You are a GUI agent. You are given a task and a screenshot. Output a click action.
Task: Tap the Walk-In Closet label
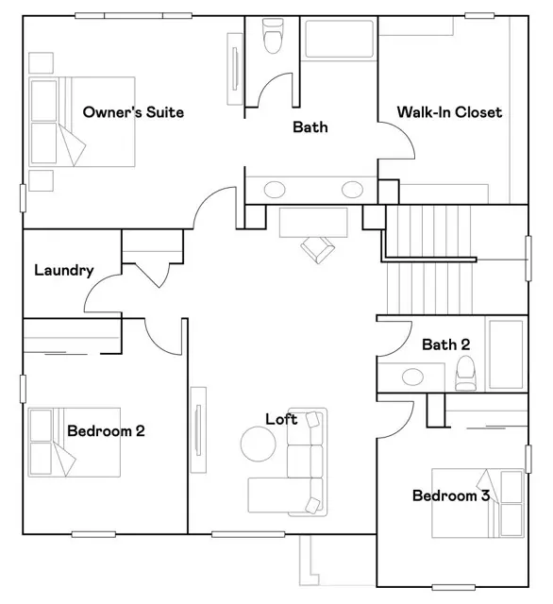(x=448, y=112)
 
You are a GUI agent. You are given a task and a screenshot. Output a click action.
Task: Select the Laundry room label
(x=63, y=271)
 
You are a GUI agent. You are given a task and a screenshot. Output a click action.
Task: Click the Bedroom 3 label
(x=450, y=495)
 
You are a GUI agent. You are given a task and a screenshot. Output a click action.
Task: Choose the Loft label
(x=280, y=419)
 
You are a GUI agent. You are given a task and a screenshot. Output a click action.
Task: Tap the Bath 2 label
(x=445, y=344)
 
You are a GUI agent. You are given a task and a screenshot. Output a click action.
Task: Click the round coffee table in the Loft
(x=257, y=443)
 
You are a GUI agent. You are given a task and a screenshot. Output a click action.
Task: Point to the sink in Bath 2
(x=412, y=377)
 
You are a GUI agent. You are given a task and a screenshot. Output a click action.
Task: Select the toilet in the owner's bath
(x=274, y=38)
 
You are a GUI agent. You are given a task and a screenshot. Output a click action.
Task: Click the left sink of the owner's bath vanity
(x=274, y=189)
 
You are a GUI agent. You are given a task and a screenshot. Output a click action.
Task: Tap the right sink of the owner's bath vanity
(x=351, y=189)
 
